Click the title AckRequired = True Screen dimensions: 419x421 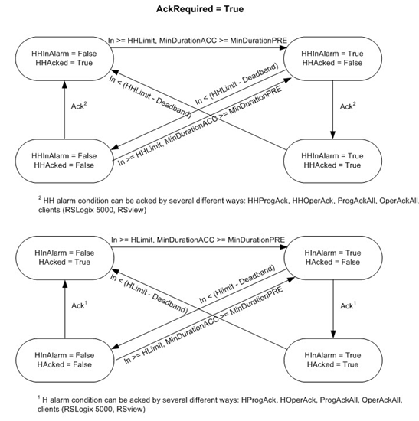pyautogui.click(x=200, y=9)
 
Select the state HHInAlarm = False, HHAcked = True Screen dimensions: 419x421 pyautogui.click(x=64, y=58)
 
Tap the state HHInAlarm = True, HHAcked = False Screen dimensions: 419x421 pyautogui.click(x=332, y=58)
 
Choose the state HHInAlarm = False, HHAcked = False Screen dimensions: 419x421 pyautogui.click(x=64, y=161)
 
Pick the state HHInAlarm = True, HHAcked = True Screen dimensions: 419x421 pyautogui.click(x=332, y=161)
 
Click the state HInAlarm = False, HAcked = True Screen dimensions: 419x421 pyautogui.click(x=65, y=258)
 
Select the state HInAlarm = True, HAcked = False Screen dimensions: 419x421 pyautogui.click(x=333, y=258)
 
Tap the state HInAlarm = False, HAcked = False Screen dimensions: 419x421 pyautogui.click(x=65, y=360)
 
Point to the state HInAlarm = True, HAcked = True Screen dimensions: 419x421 pyautogui.click(x=333, y=360)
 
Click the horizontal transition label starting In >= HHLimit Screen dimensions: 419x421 pyautogui.click(x=198, y=41)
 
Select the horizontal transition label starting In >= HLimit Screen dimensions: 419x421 pyautogui.click(x=198, y=240)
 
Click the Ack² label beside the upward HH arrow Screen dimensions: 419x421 pyautogui.click(x=79, y=106)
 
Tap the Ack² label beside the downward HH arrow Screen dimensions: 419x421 pyautogui.click(x=348, y=106)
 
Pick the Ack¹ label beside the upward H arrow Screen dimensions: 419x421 pyautogui.click(x=80, y=305)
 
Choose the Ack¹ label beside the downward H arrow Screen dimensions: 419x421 pyautogui.click(x=349, y=305)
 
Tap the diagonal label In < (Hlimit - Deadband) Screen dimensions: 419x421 pyautogui.click(x=237, y=284)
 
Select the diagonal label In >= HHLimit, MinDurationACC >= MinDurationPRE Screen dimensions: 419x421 pyautogui.click(x=200, y=126)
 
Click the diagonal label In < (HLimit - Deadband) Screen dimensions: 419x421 pyautogui.click(x=149, y=293)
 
